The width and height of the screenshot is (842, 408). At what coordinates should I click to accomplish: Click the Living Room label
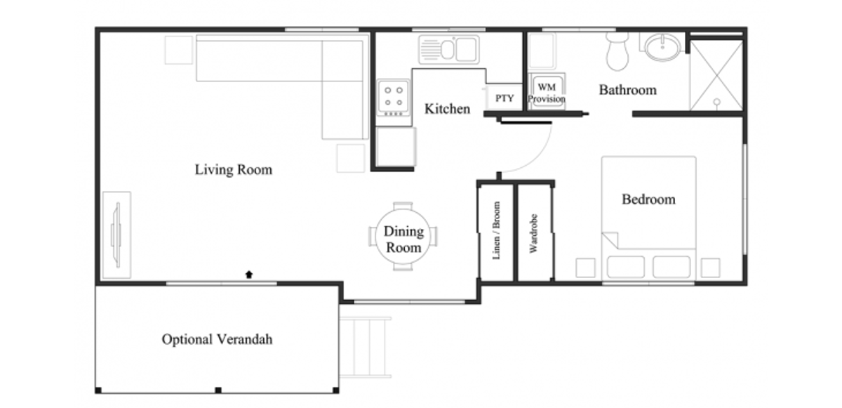(x=234, y=170)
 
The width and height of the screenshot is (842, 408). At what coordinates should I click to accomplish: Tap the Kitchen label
(x=448, y=109)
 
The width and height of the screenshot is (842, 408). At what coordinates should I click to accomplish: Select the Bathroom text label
(x=628, y=90)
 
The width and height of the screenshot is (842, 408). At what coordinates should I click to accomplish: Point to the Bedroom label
(x=648, y=199)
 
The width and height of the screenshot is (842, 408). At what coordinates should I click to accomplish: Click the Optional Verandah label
(x=217, y=339)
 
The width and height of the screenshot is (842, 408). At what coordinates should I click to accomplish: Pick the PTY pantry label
(x=504, y=98)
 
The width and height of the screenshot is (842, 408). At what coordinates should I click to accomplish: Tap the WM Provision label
(x=546, y=93)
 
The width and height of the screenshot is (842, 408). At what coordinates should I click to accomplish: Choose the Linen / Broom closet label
(x=497, y=230)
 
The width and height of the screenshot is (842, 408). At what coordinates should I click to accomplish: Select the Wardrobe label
(x=533, y=234)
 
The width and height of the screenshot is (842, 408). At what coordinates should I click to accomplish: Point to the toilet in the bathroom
(x=617, y=51)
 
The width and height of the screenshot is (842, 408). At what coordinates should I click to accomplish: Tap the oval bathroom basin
(x=662, y=47)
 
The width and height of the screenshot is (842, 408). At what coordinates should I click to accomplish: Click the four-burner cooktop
(x=394, y=98)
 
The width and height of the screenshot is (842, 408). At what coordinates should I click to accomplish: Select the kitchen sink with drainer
(x=449, y=49)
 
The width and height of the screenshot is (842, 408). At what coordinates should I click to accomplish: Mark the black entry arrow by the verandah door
(x=249, y=275)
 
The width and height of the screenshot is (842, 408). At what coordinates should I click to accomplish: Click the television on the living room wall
(x=117, y=235)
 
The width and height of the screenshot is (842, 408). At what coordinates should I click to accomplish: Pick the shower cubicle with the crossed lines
(x=716, y=75)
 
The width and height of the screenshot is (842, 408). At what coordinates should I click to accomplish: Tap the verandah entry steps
(x=366, y=347)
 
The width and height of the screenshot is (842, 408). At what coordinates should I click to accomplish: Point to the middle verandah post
(x=218, y=390)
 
